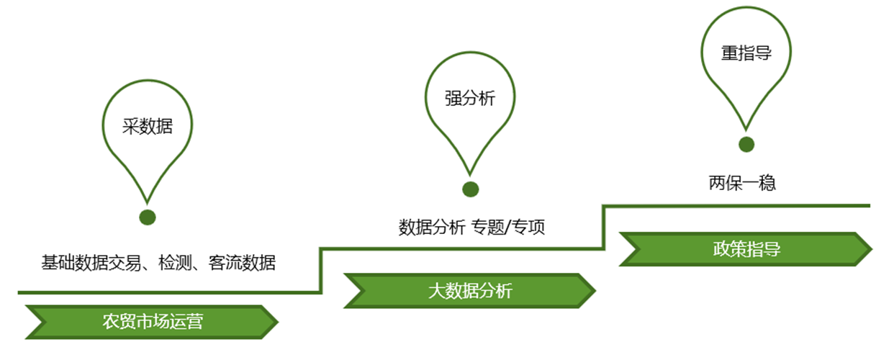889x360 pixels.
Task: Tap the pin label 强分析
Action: tap(470, 99)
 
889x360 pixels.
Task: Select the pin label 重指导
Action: tap(746, 54)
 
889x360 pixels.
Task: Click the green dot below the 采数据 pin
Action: tap(148, 217)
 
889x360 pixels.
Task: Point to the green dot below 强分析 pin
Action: tap(470, 189)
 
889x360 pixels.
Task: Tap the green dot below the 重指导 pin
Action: tap(746, 144)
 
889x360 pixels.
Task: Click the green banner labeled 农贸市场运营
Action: tap(152, 321)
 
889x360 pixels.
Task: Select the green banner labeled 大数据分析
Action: tap(470, 291)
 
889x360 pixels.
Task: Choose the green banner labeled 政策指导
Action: tap(746, 249)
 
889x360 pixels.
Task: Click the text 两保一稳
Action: tap(742, 183)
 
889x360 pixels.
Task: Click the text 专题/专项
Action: tap(508, 228)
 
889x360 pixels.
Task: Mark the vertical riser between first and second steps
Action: tap(320, 271)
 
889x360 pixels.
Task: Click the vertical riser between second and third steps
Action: tap(603, 228)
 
